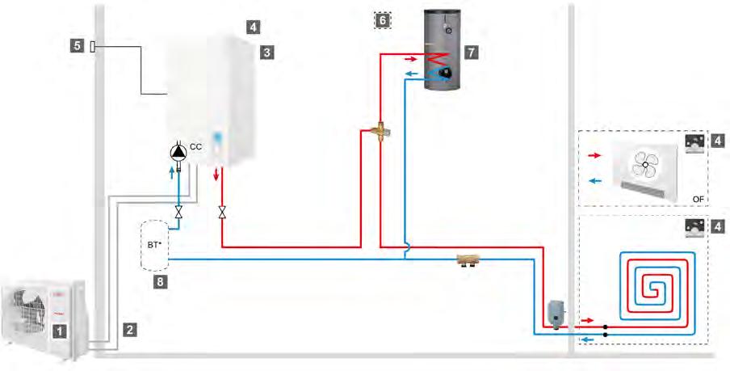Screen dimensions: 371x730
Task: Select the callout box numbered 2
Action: point(130,329)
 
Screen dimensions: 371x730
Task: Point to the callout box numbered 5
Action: point(78,46)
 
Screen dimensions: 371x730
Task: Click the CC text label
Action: point(195,148)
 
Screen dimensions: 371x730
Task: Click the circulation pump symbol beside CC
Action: point(178,152)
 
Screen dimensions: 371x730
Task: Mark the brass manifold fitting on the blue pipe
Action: point(468,262)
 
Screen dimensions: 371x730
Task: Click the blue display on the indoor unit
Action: point(218,138)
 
